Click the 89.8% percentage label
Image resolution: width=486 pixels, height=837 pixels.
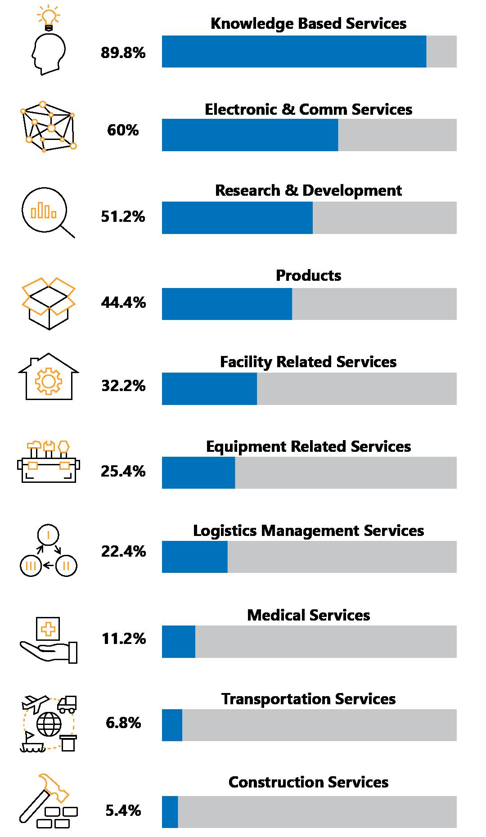[123, 53]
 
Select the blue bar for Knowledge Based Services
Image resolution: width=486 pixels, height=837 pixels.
[294, 52]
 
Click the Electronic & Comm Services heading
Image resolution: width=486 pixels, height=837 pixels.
[308, 109]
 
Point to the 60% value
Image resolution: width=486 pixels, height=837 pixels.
[123, 130]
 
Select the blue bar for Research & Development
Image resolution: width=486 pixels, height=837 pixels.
[237, 218]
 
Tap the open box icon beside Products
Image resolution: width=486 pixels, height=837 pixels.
[49, 302]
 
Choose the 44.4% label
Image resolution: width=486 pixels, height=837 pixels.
[123, 303]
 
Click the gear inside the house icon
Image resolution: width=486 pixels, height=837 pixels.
[48, 382]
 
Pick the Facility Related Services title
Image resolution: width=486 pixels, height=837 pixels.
[308, 362]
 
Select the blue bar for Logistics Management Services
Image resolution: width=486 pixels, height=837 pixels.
[194, 557]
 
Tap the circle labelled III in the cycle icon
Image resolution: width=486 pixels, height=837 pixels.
[31, 565]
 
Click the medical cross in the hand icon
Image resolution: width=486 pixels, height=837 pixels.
[48, 629]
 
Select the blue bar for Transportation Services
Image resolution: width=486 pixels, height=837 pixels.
[172, 725]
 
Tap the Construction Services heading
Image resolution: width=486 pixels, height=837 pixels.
[308, 782]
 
